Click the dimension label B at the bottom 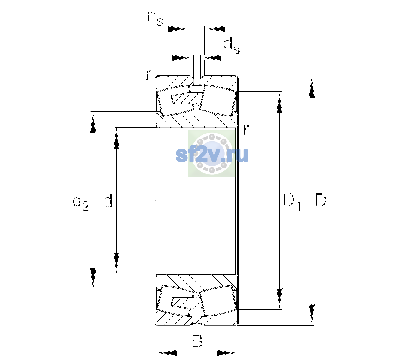point(197,341)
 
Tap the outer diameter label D point(320,200)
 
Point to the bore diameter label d point(108,200)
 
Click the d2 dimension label point(81,202)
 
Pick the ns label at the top point(155,19)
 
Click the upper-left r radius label point(148,75)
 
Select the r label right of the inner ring point(246,129)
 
